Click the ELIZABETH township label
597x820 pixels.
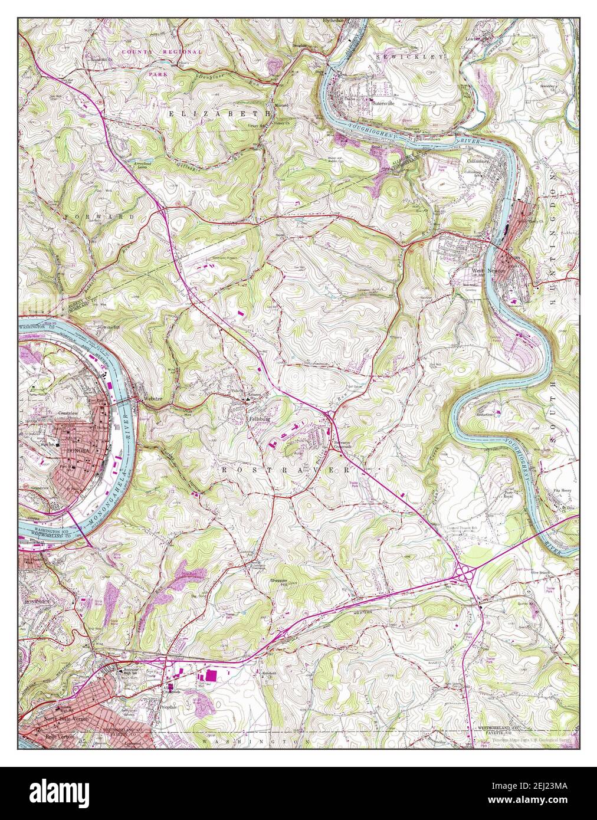pos(219,112)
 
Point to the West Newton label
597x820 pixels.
pos(482,271)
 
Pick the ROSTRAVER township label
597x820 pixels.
pos(286,470)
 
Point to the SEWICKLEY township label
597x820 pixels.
pos(408,57)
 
